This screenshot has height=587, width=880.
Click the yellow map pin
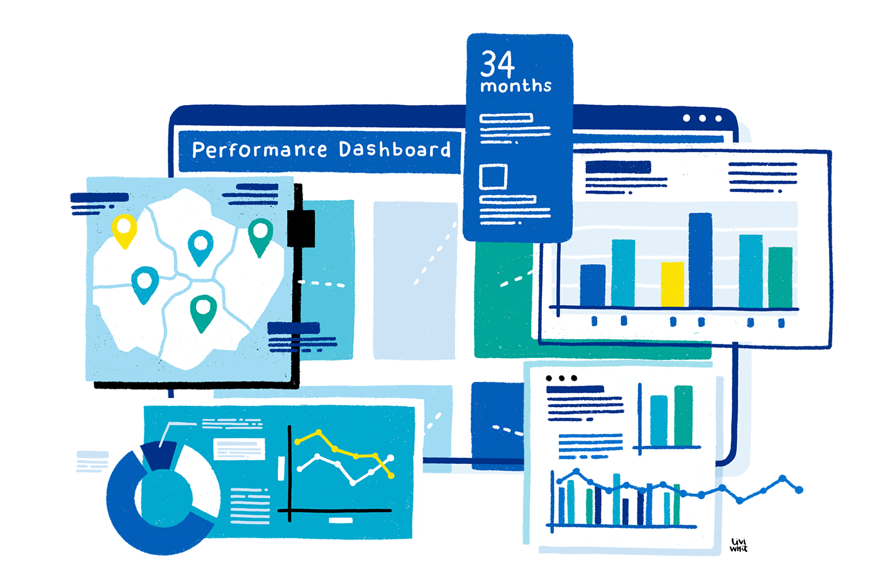pos(124,228)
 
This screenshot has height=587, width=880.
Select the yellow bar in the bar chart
pos(672,284)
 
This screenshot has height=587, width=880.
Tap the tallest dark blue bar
pos(700,259)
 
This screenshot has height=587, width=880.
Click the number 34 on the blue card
pos(497,64)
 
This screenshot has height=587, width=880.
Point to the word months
pos(516,86)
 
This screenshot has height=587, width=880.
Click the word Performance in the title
pos(259,150)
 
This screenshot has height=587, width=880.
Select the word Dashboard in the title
pos(395,149)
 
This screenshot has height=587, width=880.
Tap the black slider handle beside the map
pos(300,228)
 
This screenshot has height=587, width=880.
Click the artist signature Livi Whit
pos(739,545)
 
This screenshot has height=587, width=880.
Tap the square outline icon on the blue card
pos(493,177)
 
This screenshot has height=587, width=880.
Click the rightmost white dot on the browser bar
pos(718,118)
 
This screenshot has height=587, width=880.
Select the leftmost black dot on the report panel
pos(549,378)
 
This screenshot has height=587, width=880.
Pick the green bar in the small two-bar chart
pos(683,415)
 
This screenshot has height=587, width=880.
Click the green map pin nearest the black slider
pos(260,234)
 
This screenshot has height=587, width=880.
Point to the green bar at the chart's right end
pos(780,277)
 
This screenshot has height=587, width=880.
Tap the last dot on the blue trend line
pos(799,489)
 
